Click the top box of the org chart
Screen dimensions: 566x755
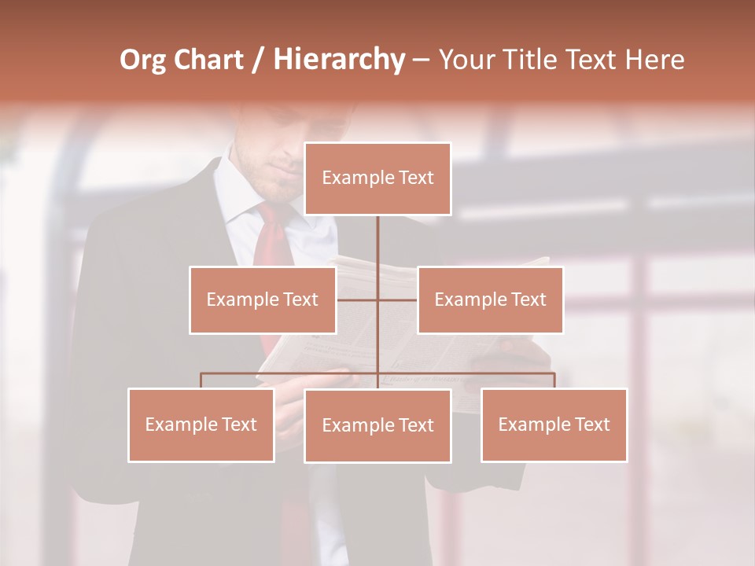pyautogui.click(x=377, y=178)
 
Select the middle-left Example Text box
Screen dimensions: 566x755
pyautogui.click(x=262, y=300)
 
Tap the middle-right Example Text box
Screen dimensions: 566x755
pyautogui.click(x=490, y=300)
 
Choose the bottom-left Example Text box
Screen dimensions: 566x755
pyautogui.click(x=201, y=424)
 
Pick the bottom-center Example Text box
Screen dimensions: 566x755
pyautogui.click(x=377, y=425)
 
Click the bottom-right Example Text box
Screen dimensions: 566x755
pyautogui.click(x=554, y=424)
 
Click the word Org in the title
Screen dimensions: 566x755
pyautogui.click(x=142, y=60)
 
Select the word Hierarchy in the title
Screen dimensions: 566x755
pyautogui.click(x=338, y=60)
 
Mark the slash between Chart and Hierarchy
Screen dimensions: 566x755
pyautogui.click(x=258, y=60)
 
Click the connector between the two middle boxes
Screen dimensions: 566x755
pyautogui.click(x=377, y=300)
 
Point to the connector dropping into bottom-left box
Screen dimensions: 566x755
pyautogui.click(x=201, y=380)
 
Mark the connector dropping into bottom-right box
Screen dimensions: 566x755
pyautogui.click(x=554, y=380)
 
